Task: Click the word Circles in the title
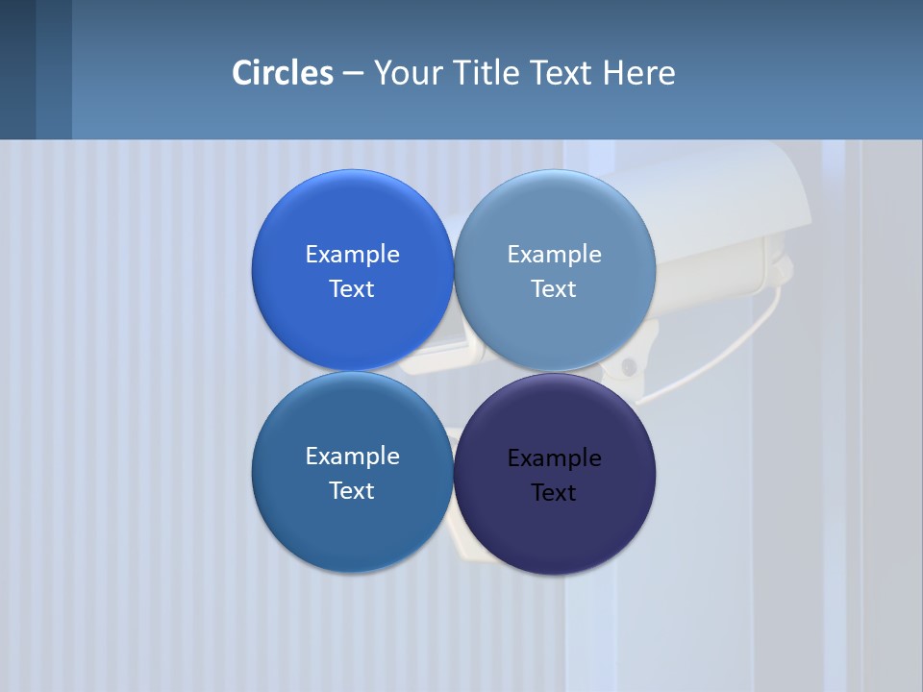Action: pos(283,73)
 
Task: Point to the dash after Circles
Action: pos(353,74)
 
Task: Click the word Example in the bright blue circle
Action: pos(352,255)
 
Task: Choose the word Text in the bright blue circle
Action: pos(352,288)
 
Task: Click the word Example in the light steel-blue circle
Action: pos(554,255)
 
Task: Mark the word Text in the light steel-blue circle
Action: pos(554,288)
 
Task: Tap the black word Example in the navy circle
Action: pos(554,458)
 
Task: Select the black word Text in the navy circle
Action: pos(554,492)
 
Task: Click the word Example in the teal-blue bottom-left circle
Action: pos(352,457)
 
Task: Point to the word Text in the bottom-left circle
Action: pos(352,490)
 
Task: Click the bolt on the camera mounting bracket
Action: pos(629,366)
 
